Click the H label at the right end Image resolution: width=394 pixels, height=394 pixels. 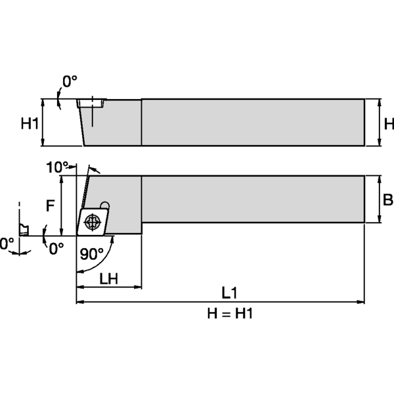(x=388, y=123)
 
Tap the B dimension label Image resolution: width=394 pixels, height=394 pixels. (x=387, y=200)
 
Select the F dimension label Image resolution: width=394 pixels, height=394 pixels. (x=49, y=206)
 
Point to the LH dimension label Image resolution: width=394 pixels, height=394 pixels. (x=108, y=278)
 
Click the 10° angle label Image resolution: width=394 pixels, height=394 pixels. (x=57, y=167)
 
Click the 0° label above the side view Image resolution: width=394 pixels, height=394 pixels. (x=70, y=81)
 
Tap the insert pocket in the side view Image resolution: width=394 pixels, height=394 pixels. (x=91, y=103)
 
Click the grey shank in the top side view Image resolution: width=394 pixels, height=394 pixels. (x=253, y=121)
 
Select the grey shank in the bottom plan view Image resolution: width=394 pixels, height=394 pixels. (x=253, y=199)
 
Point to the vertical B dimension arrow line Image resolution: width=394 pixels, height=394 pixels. (x=378, y=200)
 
